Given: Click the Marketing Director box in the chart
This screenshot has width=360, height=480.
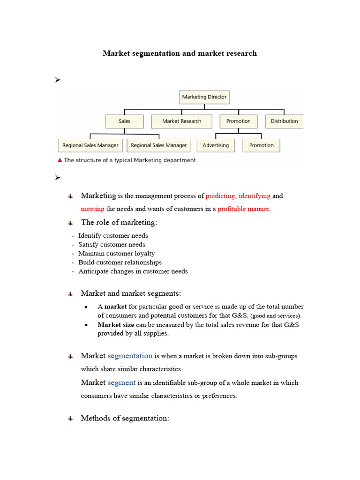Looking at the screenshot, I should pyautogui.click(x=204, y=97).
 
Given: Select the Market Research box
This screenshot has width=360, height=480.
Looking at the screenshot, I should pyautogui.click(x=181, y=121).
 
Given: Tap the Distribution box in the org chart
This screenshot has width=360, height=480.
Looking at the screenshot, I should pyautogui.click(x=284, y=121).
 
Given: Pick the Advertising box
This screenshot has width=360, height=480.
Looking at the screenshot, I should pyautogui.click(x=216, y=145).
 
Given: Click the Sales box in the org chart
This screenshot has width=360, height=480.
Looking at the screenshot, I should pyautogui.click(x=125, y=121).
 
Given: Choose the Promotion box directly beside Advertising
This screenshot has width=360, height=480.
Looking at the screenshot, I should pyautogui.click(x=261, y=145).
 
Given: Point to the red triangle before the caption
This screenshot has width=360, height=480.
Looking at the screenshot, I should pyautogui.click(x=60, y=160).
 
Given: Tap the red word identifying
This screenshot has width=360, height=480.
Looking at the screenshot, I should pyautogui.click(x=255, y=196).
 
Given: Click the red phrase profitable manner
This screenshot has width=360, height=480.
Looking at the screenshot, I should pyautogui.click(x=244, y=209).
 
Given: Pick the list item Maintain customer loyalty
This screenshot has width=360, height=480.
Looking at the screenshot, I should pyautogui.click(x=116, y=254).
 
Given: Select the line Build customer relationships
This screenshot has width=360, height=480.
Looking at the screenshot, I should pyautogui.click(x=120, y=262).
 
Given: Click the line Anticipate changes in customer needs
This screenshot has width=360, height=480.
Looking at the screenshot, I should pyautogui.click(x=133, y=271).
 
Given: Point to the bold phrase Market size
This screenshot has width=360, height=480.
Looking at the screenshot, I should pyautogui.click(x=116, y=324).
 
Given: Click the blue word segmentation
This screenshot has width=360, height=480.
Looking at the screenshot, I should pyautogui.click(x=130, y=356).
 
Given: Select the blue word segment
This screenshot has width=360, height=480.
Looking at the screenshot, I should pyautogui.click(x=121, y=382).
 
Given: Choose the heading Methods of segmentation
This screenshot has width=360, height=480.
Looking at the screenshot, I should pyautogui.click(x=125, y=418).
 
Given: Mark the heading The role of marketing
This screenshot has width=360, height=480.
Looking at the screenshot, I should pyautogui.click(x=119, y=222).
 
